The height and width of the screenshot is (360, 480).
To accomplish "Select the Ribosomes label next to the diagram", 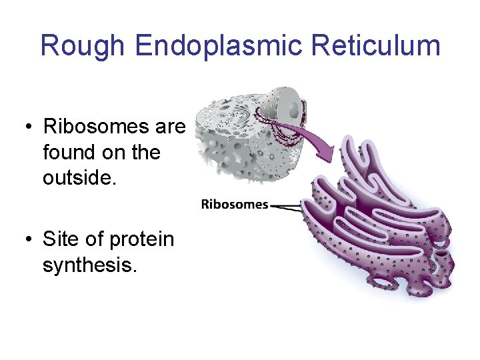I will tap(234, 205).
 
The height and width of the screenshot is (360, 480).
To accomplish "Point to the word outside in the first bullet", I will tap(78, 179).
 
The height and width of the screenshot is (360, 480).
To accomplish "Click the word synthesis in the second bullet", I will tap(89, 265).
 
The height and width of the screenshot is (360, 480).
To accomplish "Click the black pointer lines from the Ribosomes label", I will tap(287, 207).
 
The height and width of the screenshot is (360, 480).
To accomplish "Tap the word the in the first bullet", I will tap(145, 152).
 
